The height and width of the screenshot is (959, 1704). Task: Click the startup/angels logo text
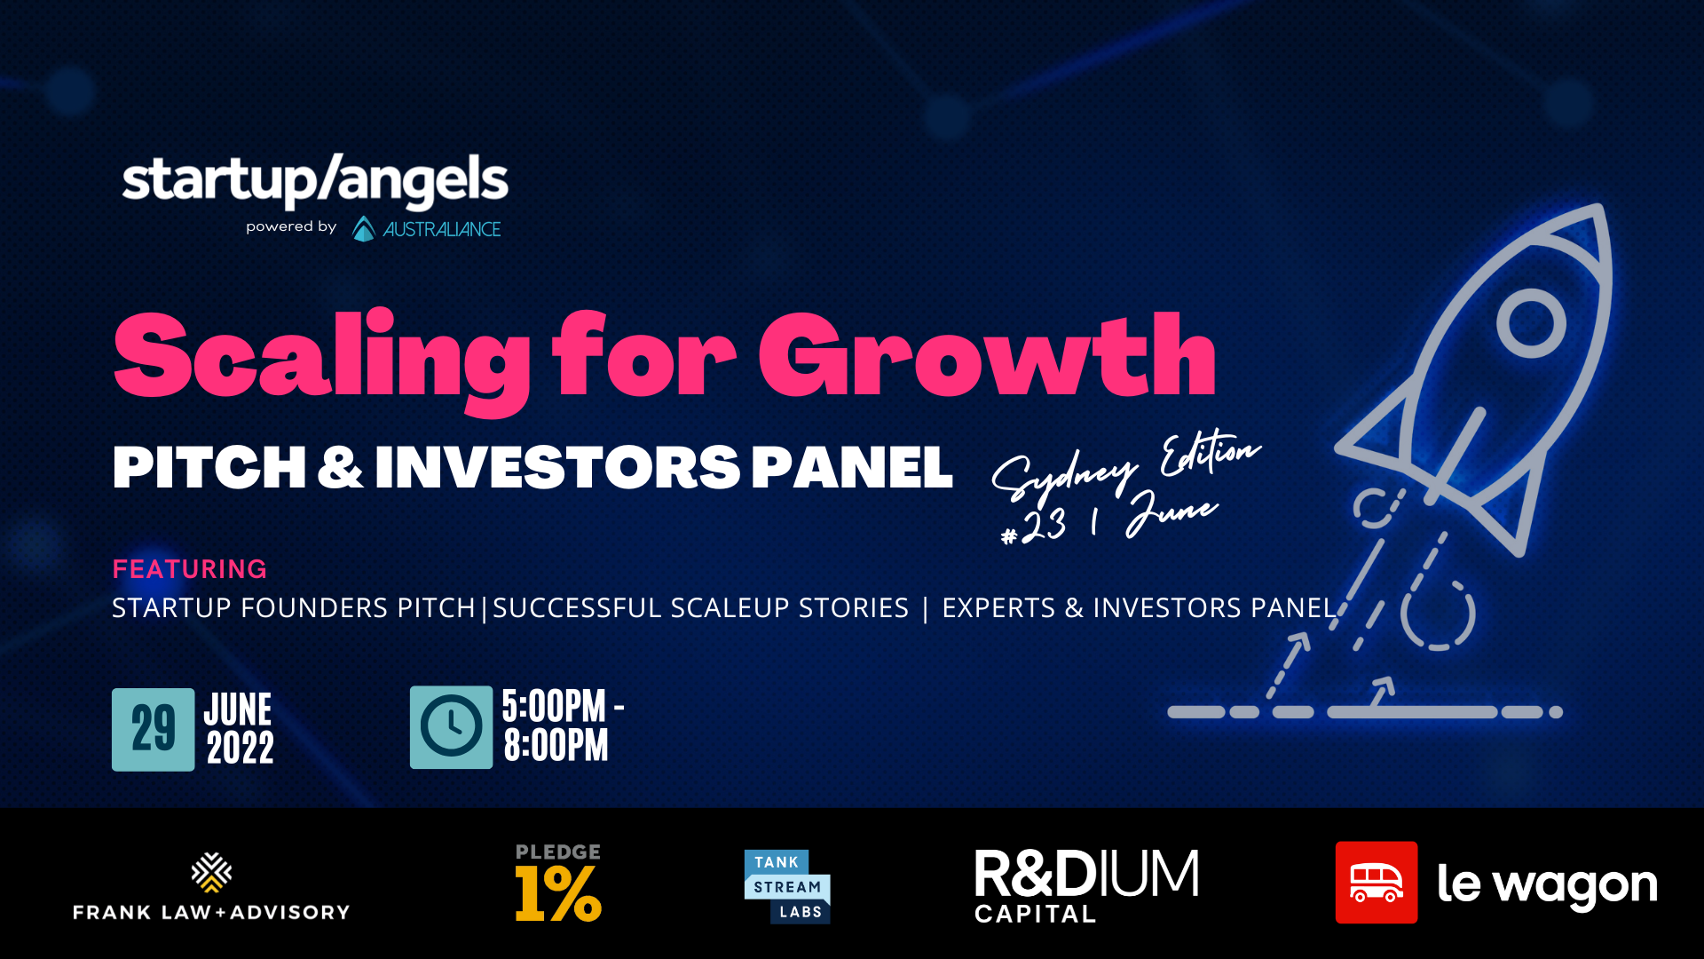[315, 180]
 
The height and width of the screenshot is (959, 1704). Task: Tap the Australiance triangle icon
[364, 229]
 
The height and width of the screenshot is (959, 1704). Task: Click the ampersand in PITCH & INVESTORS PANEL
[340, 468]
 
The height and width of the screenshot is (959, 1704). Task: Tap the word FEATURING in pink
[189, 569]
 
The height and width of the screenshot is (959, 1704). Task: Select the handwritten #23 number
[1034, 526]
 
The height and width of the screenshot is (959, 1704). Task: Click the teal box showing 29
[153, 729]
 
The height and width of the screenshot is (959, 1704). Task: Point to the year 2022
[241, 748]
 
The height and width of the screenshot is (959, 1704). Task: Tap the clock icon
[451, 727]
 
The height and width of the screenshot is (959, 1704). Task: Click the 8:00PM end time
[556, 746]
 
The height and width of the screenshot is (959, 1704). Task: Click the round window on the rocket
[1531, 323]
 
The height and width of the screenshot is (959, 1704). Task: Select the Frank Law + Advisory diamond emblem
[211, 873]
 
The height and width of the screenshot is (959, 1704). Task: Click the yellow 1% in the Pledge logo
[558, 893]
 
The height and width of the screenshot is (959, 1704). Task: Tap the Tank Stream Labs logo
[787, 886]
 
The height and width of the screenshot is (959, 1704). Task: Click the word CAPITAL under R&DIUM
[1035, 914]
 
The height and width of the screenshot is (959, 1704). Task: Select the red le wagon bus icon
[1376, 883]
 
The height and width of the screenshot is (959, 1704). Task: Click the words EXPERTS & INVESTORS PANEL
[1139, 608]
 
